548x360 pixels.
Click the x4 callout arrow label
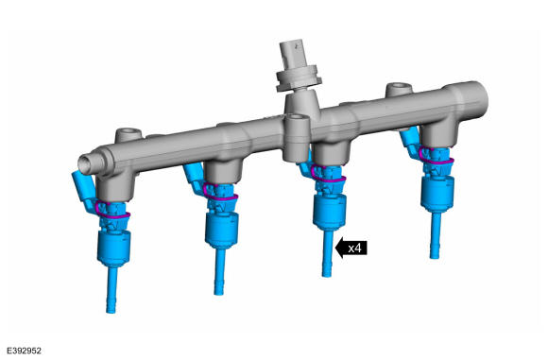(x=351, y=248)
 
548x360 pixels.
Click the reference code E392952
(x=24, y=351)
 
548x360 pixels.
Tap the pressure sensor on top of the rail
(x=298, y=69)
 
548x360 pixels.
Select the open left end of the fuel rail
(x=86, y=163)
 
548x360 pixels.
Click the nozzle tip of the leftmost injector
(x=111, y=309)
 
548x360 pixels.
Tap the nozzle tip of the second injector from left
(x=219, y=291)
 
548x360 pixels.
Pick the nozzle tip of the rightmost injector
(x=434, y=254)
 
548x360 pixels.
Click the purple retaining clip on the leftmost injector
(x=112, y=212)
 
